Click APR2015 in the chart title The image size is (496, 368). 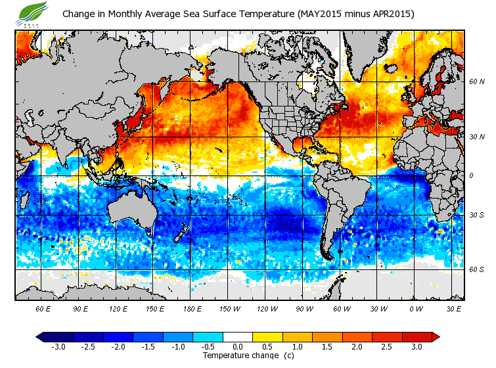tap(390, 14)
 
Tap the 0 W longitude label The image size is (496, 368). tap(415, 308)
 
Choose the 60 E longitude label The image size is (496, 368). tap(43, 308)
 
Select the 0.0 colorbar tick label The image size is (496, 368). tap(238, 346)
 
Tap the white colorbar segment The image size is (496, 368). tap(238, 336)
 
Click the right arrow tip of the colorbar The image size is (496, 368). tap(436, 336)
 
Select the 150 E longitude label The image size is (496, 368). tap(155, 308)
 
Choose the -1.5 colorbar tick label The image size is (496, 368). tap(148, 346)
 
